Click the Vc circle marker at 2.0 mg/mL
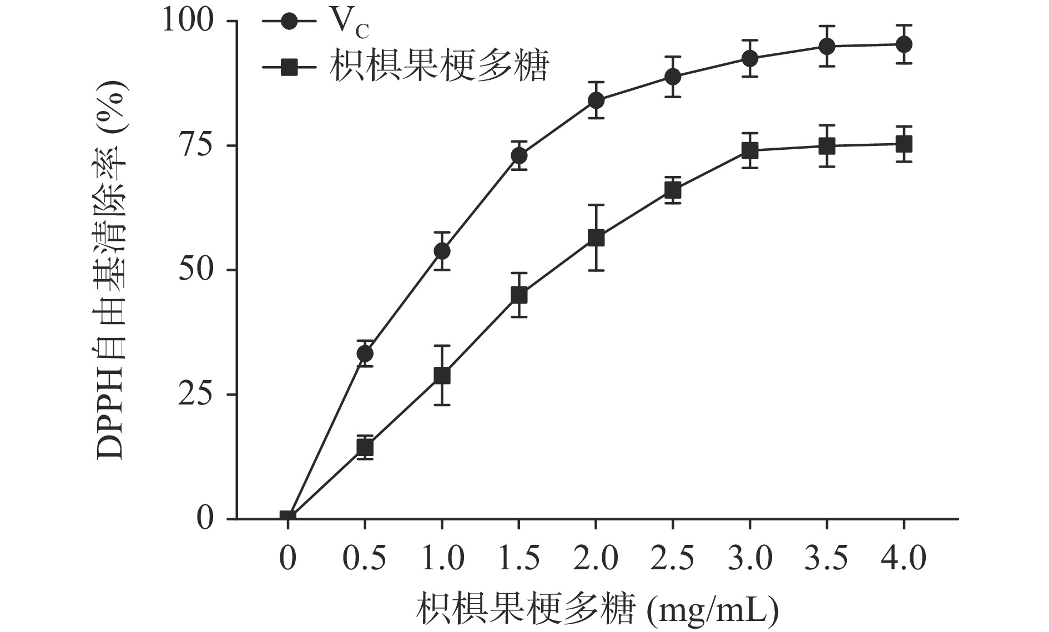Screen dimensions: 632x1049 pyautogui.click(x=596, y=100)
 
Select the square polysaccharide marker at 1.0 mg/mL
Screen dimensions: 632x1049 pyautogui.click(x=442, y=376)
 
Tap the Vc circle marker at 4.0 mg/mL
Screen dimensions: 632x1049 pyautogui.click(x=904, y=44)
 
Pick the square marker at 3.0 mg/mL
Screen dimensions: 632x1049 pyautogui.click(x=750, y=150)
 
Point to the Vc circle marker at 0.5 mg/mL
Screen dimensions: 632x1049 pyautogui.click(x=365, y=353)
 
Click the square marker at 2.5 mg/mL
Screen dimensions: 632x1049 pyautogui.click(x=673, y=190)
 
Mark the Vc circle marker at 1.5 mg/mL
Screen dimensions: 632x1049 pyautogui.click(x=519, y=156)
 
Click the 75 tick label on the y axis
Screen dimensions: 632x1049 pyautogui.click(x=195, y=145)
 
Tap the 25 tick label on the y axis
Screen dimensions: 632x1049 pyautogui.click(x=195, y=395)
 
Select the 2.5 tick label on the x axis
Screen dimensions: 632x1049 pyautogui.click(x=673, y=558)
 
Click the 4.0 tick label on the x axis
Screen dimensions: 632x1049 pyautogui.click(x=904, y=558)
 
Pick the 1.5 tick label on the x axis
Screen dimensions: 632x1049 pyautogui.click(x=519, y=558)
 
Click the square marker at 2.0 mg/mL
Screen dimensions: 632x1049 pyautogui.click(x=596, y=238)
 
